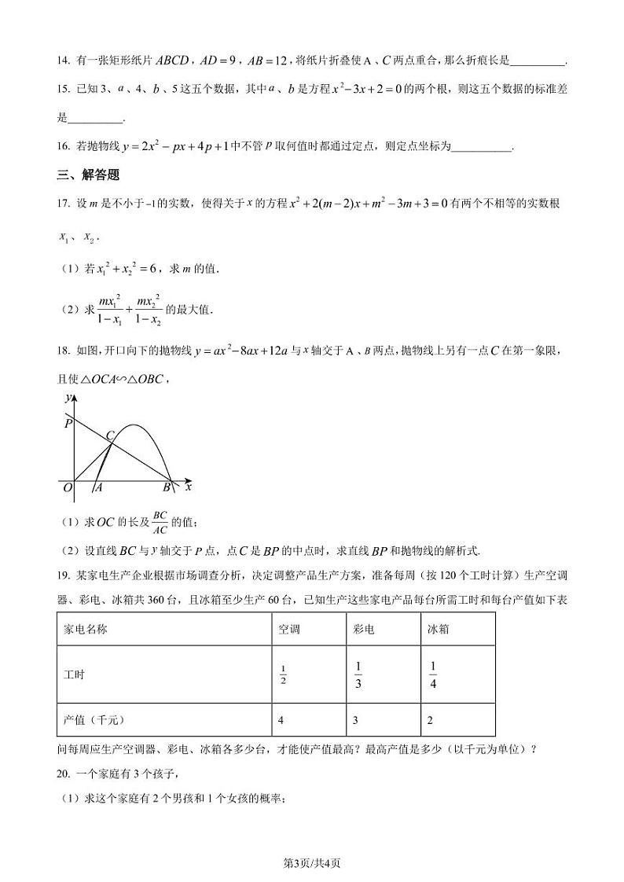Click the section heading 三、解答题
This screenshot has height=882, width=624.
coord(87,175)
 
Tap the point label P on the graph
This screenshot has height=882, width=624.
coord(68,423)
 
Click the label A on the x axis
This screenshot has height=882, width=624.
coord(98,488)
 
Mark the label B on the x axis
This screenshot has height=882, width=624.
coord(167,488)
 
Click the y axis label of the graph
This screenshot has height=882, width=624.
coord(68,399)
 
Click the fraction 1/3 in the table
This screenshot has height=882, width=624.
coord(358,674)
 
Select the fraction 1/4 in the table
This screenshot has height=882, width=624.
coord(433,674)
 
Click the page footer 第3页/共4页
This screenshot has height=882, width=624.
coord(311,863)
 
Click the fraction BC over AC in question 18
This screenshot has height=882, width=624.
coord(160,521)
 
